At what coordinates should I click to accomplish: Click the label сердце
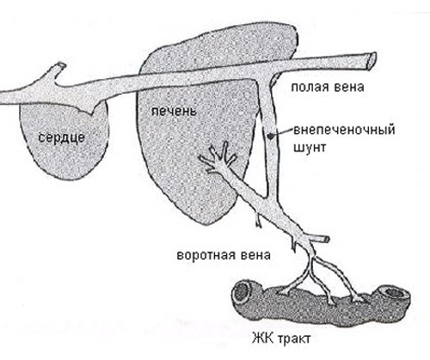tap(62, 138)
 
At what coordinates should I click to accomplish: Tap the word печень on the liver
tap(174, 111)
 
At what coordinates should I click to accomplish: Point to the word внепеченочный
tap(344, 130)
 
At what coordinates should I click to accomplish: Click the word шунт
tap(310, 148)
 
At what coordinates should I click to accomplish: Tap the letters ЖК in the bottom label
tap(262, 339)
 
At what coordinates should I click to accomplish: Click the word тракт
tap(294, 339)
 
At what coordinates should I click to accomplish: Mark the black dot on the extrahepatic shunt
tap(270, 136)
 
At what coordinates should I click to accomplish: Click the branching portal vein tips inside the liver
tap(219, 158)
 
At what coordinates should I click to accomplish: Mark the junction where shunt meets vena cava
tap(266, 78)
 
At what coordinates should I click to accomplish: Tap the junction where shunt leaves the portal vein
tap(269, 199)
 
